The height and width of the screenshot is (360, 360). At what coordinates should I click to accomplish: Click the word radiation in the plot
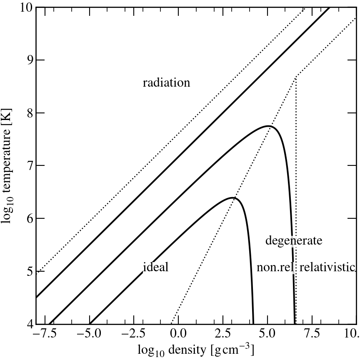[166, 83]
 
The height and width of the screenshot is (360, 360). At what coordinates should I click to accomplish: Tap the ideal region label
[156, 267]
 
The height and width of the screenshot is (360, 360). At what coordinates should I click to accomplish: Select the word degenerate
[294, 240]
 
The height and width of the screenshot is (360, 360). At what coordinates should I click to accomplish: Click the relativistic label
[327, 267]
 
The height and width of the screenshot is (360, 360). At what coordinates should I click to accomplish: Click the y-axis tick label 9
[27, 60]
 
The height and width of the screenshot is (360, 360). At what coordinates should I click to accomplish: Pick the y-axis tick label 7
[27, 166]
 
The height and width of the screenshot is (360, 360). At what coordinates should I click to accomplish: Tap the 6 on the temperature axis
[27, 218]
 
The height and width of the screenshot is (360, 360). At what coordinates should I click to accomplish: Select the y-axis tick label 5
[27, 271]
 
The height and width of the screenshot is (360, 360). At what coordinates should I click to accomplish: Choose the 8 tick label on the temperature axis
[27, 113]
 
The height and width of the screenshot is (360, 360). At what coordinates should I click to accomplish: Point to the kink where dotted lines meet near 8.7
[295, 77]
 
